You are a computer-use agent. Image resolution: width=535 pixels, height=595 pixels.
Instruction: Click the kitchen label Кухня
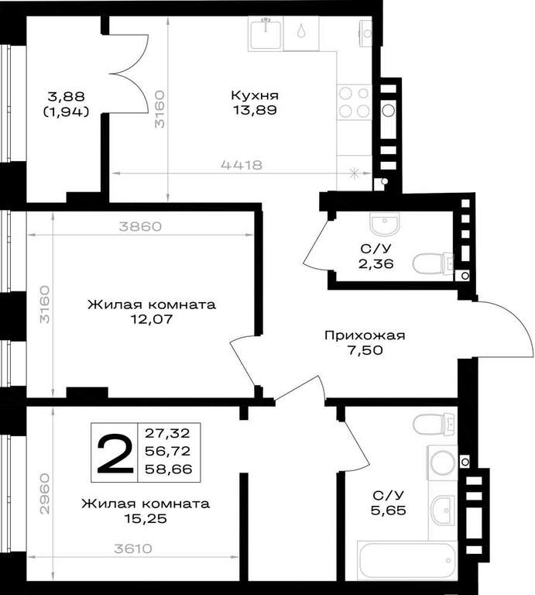[255, 95]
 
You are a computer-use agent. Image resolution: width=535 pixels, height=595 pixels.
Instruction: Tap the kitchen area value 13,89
[255, 110]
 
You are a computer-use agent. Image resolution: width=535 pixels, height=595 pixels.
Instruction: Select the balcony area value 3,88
[67, 96]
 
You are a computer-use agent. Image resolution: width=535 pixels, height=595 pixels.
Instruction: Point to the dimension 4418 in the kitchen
[242, 165]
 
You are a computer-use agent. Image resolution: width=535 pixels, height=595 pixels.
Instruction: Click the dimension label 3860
[140, 226]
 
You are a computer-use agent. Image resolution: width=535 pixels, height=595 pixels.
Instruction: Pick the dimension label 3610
[132, 549]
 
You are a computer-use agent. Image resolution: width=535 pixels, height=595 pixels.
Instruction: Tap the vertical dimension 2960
[45, 494]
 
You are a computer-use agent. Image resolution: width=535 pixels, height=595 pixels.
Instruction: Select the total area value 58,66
[169, 469]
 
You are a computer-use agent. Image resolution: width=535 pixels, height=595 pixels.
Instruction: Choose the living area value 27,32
[167, 432]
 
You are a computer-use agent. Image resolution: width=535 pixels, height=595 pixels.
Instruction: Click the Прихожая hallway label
[365, 335]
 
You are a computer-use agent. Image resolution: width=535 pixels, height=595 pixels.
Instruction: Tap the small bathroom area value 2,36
[376, 263]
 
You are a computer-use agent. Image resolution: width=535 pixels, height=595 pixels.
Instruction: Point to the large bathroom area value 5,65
[389, 511]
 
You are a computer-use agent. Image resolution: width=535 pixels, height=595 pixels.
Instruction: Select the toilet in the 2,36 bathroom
[433, 263]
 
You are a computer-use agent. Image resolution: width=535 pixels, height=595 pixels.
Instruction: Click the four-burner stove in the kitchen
[354, 102]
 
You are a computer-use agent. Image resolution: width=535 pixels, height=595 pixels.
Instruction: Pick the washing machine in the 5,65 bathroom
[443, 463]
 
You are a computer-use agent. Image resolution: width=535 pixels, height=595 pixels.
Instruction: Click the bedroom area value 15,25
[146, 518]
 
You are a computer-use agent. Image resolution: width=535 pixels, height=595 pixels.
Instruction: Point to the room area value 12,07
[152, 319]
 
